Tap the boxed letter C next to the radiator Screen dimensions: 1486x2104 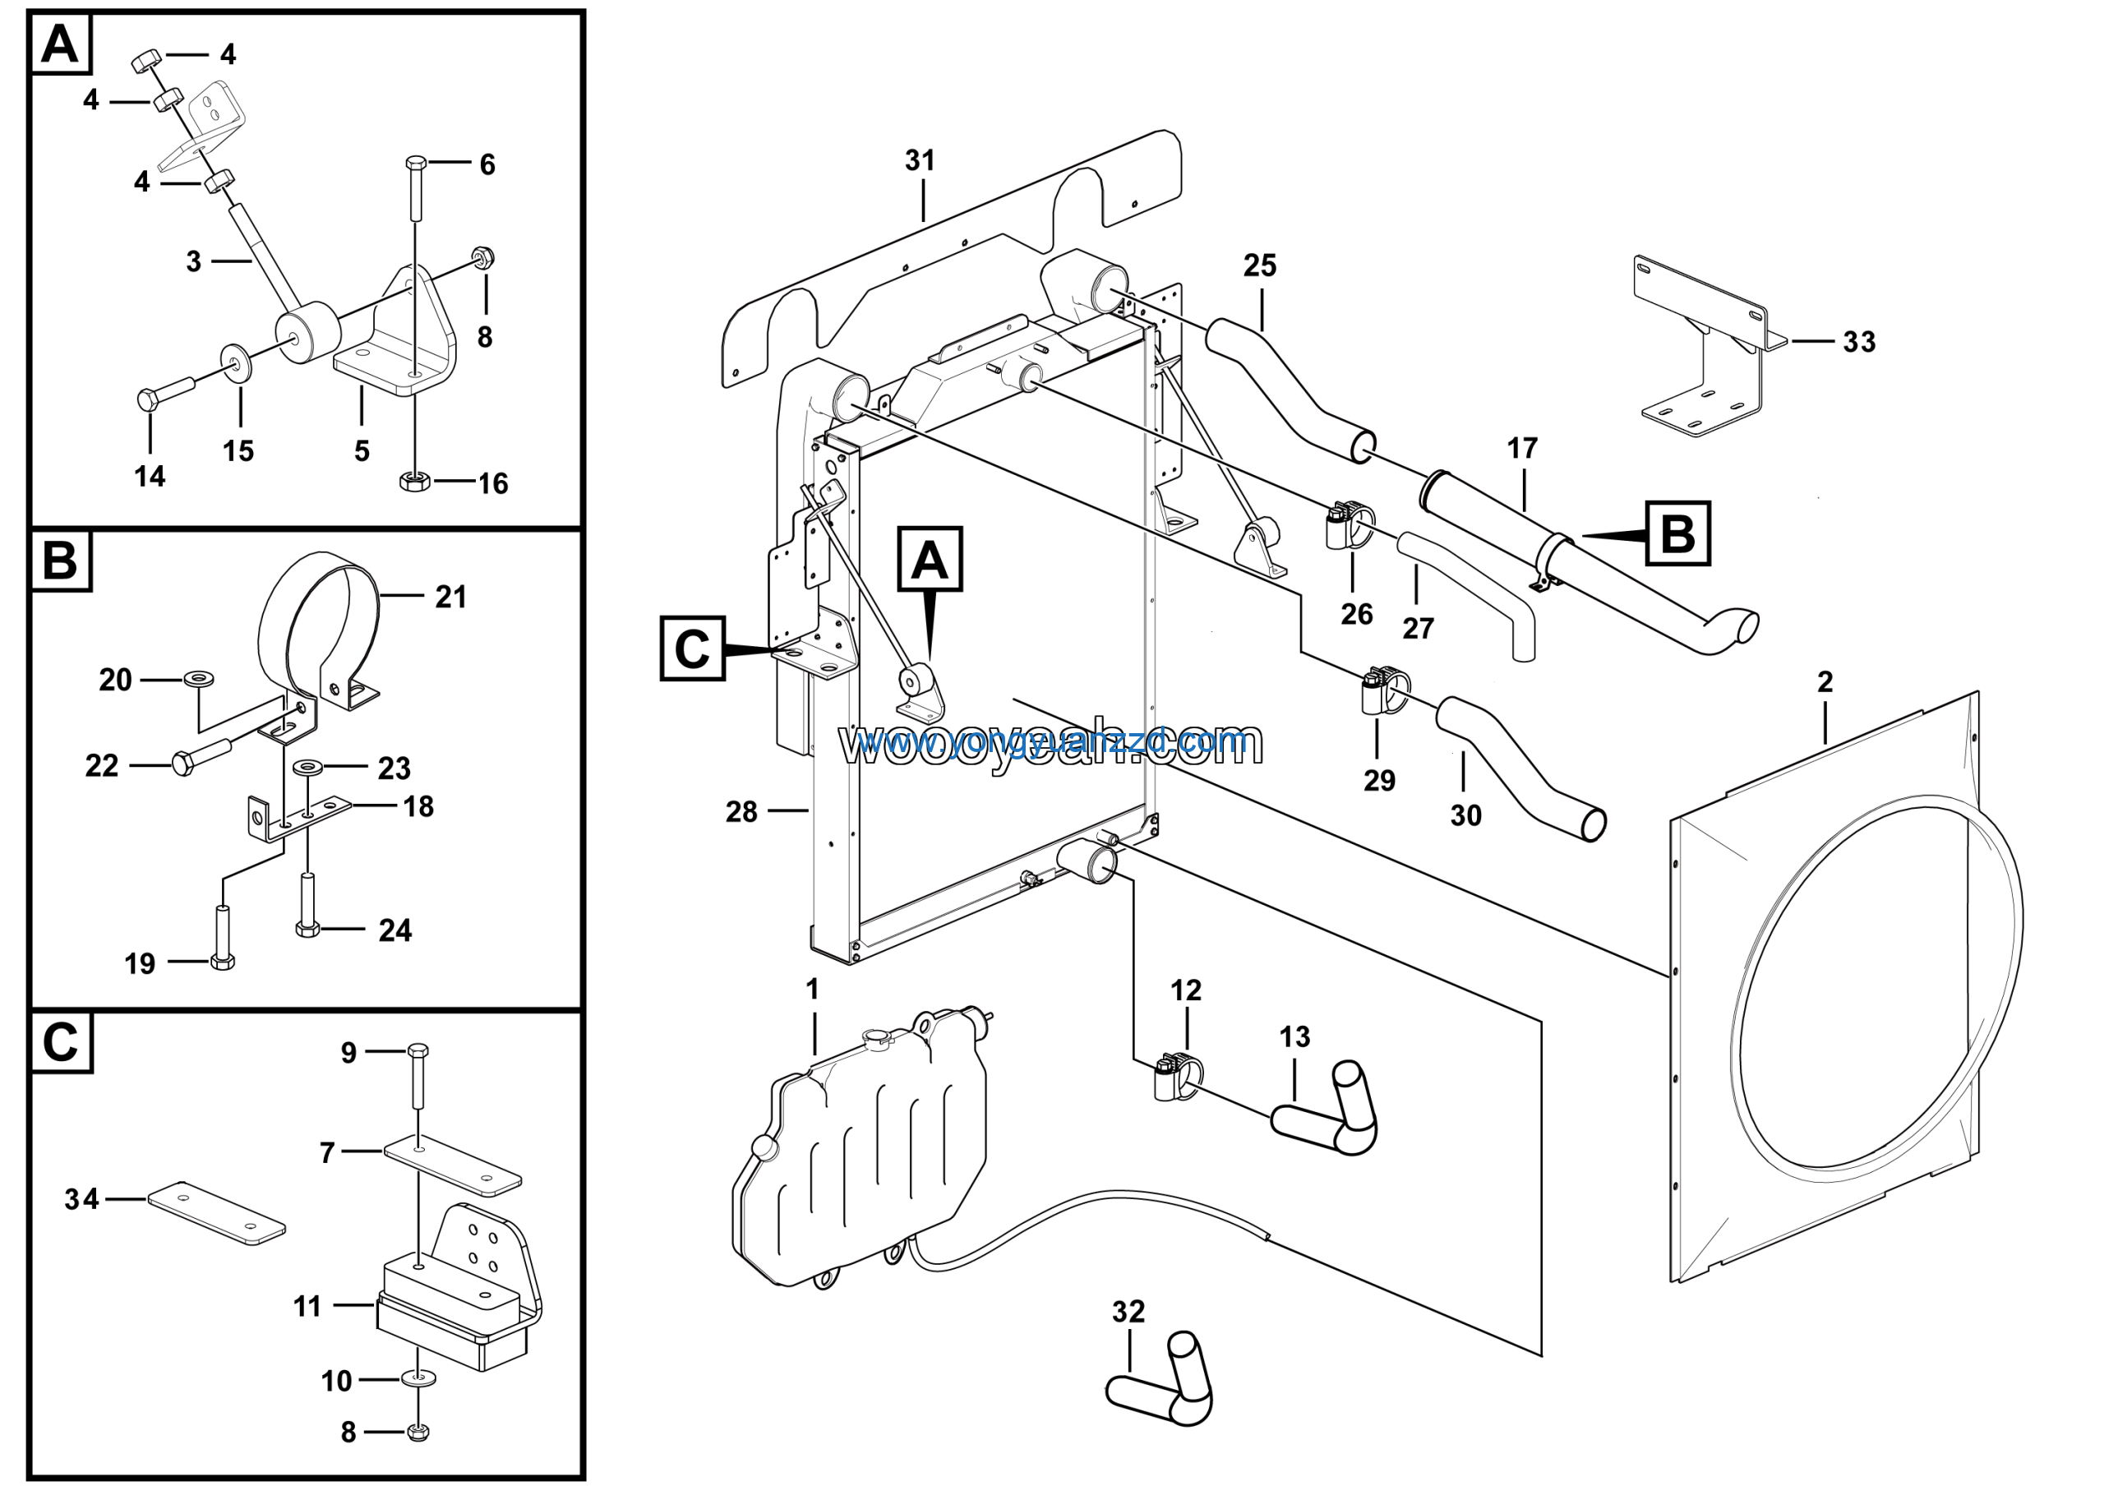pyautogui.click(x=692, y=648)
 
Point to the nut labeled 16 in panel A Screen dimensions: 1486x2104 pyautogui.click(x=415, y=480)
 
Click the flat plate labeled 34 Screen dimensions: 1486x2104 pyautogui.click(x=216, y=1213)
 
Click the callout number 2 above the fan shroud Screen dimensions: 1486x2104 pyautogui.click(x=1825, y=681)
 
